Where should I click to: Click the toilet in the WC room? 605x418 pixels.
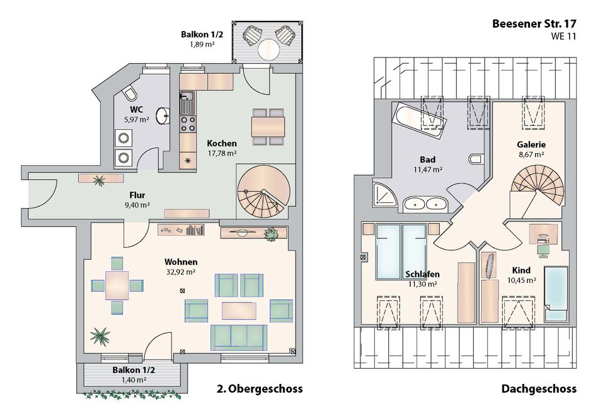pyautogui.click(x=129, y=94)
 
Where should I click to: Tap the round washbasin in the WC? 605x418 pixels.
pyautogui.click(x=163, y=116)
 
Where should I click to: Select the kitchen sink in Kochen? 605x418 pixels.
pyautogui.click(x=188, y=99)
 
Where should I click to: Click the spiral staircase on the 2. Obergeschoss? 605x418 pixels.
pyautogui.click(x=264, y=192)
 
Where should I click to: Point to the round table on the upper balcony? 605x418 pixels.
pyautogui.click(x=268, y=49)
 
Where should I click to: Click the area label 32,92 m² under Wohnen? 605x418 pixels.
pyautogui.click(x=181, y=272)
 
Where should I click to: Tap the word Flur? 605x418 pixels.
pyautogui.click(x=137, y=195)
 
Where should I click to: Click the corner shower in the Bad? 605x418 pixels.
pyautogui.click(x=385, y=192)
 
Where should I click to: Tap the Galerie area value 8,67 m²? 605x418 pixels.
pyautogui.click(x=531, y=154)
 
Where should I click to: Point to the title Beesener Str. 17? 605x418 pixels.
pyautogui.click(x=534, y=23)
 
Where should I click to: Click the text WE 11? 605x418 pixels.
pyautogui.click(x=563, y=37)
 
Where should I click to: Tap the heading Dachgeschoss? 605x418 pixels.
pyautogui.click(x=539, y=388)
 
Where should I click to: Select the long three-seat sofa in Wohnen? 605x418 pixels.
pyautogui.click(x=239, y=337)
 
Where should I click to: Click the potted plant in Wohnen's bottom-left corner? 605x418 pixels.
pyautogui.click(x=100, y=335)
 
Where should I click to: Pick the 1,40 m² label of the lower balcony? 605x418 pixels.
pyautogui.click(x=134, y=380)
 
